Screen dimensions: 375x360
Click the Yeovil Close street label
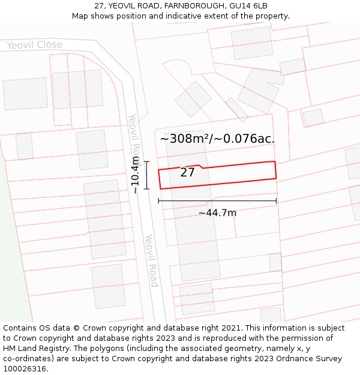pos(35,45)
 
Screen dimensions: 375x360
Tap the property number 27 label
pos(187,173)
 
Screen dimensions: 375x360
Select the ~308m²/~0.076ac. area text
pos(217,139)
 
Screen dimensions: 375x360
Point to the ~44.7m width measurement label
pos(217,213)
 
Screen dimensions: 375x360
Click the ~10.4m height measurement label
pos(135,175)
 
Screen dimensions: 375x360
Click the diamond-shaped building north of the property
pos(193,99)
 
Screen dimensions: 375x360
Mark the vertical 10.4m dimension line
pos(146,175)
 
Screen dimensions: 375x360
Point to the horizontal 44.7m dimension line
pos(217,200)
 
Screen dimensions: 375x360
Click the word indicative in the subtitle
pos(196,16)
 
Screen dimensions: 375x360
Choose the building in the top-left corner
pos(25,94)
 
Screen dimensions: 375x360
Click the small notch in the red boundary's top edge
pos(200,167)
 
